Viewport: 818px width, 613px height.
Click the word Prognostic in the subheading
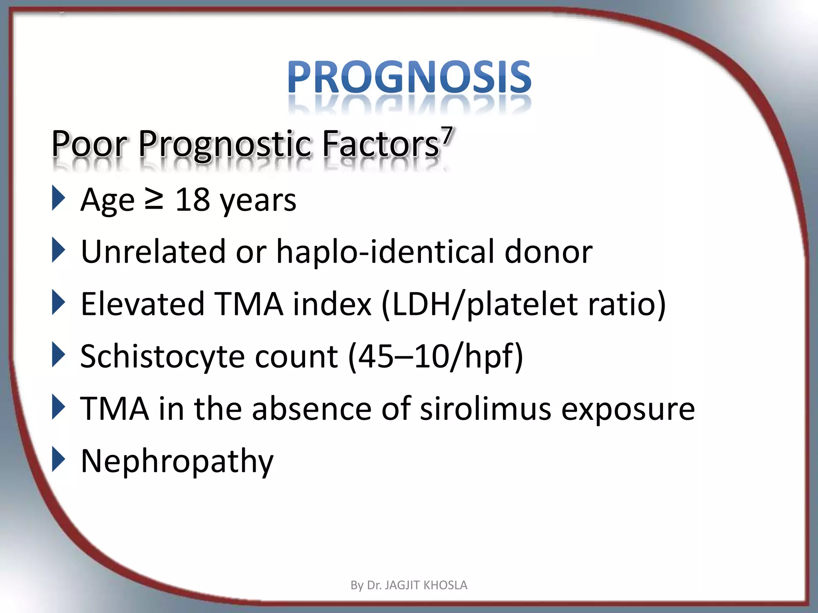[224, 144]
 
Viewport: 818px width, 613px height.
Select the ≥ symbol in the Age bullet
[154, 200]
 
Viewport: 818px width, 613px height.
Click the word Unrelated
[153, 251]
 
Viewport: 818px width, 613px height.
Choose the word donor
[548, 251]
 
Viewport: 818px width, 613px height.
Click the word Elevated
[143, 304]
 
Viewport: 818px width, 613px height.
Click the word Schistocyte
[162, 357]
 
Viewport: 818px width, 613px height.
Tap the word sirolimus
[485, 409]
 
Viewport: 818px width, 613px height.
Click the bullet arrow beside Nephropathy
[58, 460]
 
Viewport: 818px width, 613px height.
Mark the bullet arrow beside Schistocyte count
[58, 355]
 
